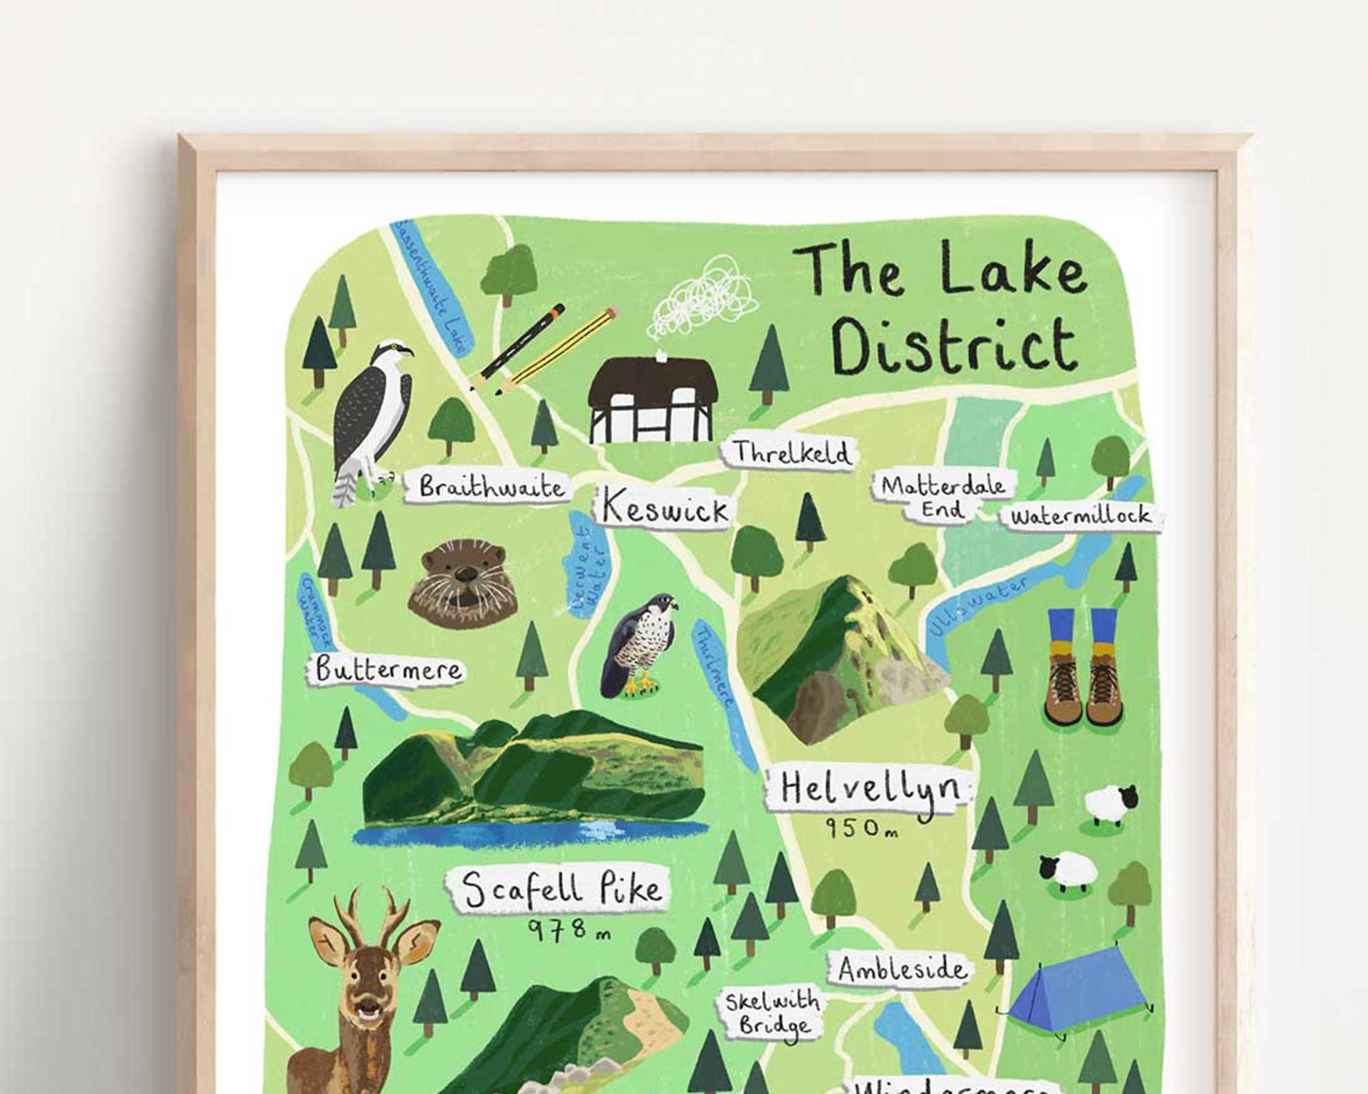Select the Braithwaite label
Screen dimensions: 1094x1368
pos(490,487)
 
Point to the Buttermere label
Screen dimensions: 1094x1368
pos(387,669)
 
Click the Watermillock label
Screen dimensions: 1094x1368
pos(1081,516)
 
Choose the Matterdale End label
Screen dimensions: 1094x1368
pos(942,497)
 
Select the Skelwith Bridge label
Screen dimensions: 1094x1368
pos(771,1012)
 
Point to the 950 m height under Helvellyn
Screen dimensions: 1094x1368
pos(862,828)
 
